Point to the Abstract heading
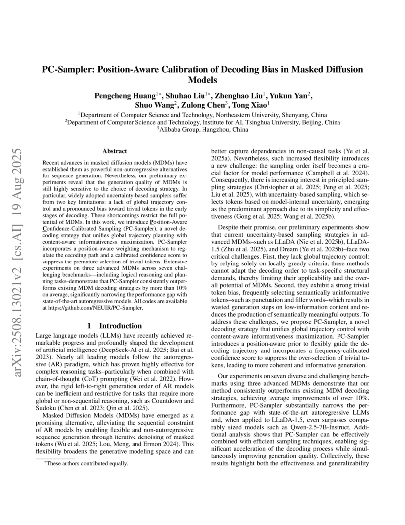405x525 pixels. (114, 151)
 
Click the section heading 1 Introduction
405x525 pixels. (114, 326)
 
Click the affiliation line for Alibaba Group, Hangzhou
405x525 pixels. (202, 130)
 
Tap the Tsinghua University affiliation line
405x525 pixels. (202, 122)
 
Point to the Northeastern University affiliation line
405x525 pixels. (202, 114)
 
